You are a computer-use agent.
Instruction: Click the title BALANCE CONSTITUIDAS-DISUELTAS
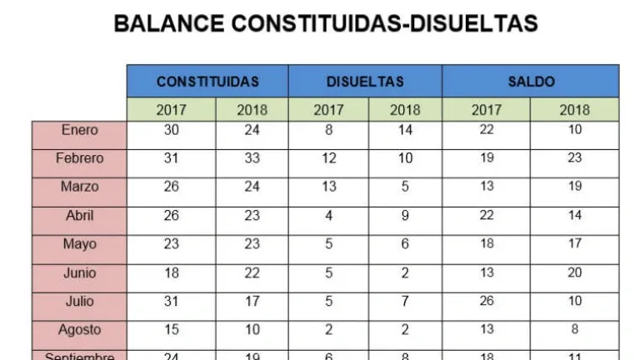pyautogui.click(x=325, y=23)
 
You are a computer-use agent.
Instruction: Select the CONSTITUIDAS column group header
pyautogui.click(x=207, y=82)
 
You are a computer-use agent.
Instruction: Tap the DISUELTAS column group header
pyautogui.click(x=365, y=82)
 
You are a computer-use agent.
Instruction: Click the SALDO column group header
pyautogui.click(x=531, y=82)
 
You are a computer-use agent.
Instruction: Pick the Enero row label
pyautogui.click(x=80, y=130)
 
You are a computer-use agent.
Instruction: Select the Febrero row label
pyautogui.click(x=80, y=158)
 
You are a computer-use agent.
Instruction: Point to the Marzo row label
pyautogui.click(x=80, y=187)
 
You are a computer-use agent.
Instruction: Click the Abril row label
pyautogui.click(x=80, y=216)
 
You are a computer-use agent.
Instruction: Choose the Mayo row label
pyautogui.click(x=80, y=244)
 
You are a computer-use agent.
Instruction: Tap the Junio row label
pyautogui.click(x=80, y=272)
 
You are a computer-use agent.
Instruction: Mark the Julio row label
pyautogui.click(x=80, y=301)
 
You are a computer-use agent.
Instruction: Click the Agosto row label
pyautogui.click(x=80, y=330)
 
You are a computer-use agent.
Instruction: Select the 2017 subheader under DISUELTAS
pyautogui.click(x=328, y=109)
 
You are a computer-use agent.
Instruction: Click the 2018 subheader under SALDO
pyautogui.click(x=574, y=109)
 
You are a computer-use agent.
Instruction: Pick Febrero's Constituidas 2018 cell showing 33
pyautogui.click(x=252, y=158)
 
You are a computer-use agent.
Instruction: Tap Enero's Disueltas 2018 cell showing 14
pyautogui.click(x=405, y=130)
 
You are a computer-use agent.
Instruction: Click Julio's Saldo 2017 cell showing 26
pyautogui.click(x=487, y=301)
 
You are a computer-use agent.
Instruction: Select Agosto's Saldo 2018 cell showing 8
pyautogui.click(x=574, y=330)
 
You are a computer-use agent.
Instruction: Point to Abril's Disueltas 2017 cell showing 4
pyautogui.click(x=328, y=216)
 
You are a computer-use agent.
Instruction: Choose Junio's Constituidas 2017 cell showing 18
pyautogui.click(x=172, y=272)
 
